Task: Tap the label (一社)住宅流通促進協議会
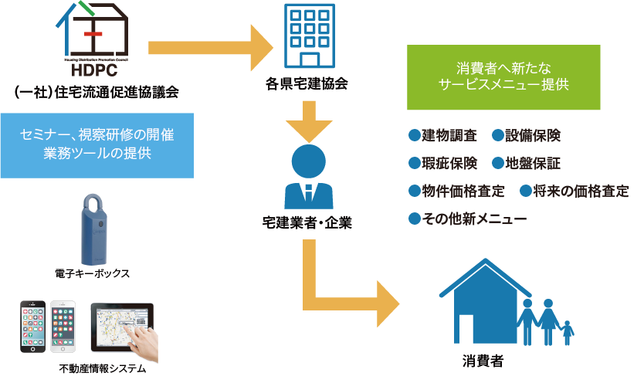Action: click(x=97, y=93)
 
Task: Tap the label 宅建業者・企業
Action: click(x=307, y=223)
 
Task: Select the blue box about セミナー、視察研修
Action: click(x=97, y=144)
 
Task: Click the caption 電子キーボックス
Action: click(x=92, y=273)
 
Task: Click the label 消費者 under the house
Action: click(x=487, y=361)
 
